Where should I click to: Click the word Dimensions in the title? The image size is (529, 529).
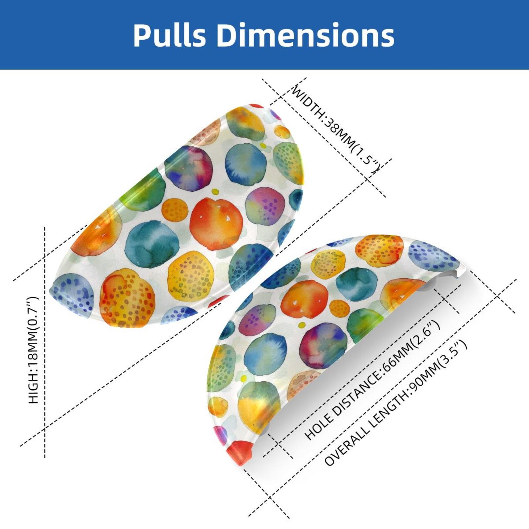[306, 35]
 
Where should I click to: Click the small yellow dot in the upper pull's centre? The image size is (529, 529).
[215, 192]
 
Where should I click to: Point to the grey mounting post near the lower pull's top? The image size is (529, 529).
[430, 285]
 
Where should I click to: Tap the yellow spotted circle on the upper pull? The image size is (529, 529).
[191, 276]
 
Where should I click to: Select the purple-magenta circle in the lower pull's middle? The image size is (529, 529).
[324, 346]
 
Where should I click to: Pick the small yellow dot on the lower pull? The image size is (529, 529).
[302, 325]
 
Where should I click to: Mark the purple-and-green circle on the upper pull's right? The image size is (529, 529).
[265, 207]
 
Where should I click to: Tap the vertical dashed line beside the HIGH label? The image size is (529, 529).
[45, 342]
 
